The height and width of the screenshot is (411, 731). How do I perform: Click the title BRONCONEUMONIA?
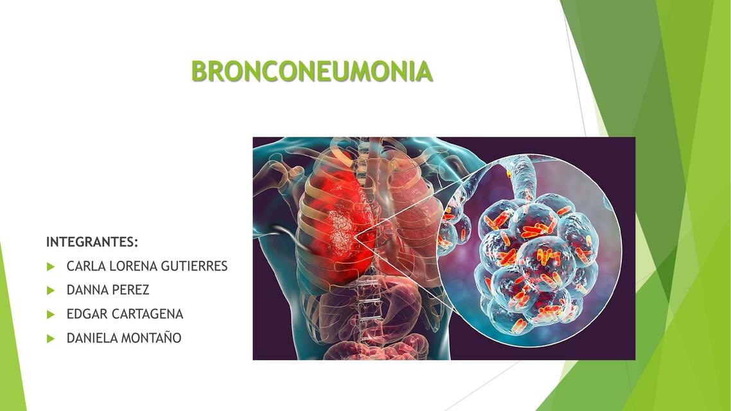pos(312,72)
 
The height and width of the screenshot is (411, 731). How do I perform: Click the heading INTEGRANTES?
pos(92,242)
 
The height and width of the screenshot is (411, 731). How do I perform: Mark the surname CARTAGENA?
pos(148,314)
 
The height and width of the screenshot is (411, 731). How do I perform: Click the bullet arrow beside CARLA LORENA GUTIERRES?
pos(51,267)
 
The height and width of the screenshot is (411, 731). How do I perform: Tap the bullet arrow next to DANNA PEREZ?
pos(51,290)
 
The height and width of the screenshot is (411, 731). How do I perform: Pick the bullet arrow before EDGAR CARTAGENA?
pos(51,315)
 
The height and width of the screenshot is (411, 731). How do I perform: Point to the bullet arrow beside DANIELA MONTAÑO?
pos(51,338)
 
